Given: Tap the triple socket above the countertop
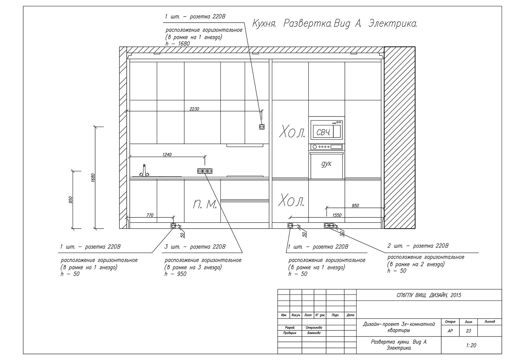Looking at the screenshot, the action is pos(205,171).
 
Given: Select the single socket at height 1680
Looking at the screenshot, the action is pos(262,127).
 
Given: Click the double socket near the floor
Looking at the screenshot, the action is pos(329,226).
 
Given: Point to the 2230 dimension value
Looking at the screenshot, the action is pos(194,109).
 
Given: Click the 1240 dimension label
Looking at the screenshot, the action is pos(167,155).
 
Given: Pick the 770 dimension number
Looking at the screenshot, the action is pos(150,215).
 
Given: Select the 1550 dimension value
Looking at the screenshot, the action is pos(337,215).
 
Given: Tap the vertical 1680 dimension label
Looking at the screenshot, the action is pos(93,178).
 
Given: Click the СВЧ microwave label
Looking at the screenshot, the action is pos(323,132).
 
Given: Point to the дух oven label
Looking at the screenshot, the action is pos(326,164).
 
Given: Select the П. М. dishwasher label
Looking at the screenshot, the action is pos(205,204).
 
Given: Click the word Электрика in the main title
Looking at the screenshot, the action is pos(393,24).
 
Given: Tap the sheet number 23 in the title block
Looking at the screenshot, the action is pos(468,331).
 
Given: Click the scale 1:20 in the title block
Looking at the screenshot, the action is pos(471,345).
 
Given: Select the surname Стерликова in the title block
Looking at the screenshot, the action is pos(314,328).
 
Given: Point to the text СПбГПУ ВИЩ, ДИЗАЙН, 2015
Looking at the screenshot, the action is pos(429,295).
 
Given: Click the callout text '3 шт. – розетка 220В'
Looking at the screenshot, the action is pos(195,247).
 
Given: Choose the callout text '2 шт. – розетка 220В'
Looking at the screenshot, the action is pos(418,246).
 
